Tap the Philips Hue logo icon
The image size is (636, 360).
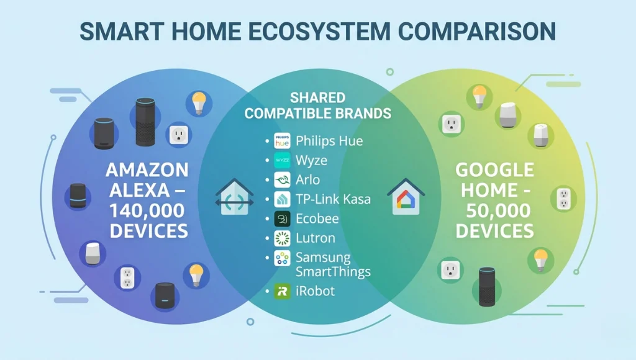tap(282, 141)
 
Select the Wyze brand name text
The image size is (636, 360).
tap(311, 161)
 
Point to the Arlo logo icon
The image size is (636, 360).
tap(282, 180)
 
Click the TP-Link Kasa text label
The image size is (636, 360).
tap(333, 199)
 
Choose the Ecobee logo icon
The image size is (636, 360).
tap(282, 218)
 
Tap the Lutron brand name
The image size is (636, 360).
tap(316, 238)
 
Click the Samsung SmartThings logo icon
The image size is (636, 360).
tap(282, 258)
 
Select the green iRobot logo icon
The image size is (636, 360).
tap(282, 291)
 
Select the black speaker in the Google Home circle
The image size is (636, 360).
tap(488, 287)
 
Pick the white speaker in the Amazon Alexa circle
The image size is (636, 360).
tap(92, 254)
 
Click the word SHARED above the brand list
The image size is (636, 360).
tap(317, 99)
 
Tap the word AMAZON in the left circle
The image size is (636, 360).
tap(147, 170)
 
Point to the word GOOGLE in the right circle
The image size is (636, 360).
tap(494, 170)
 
